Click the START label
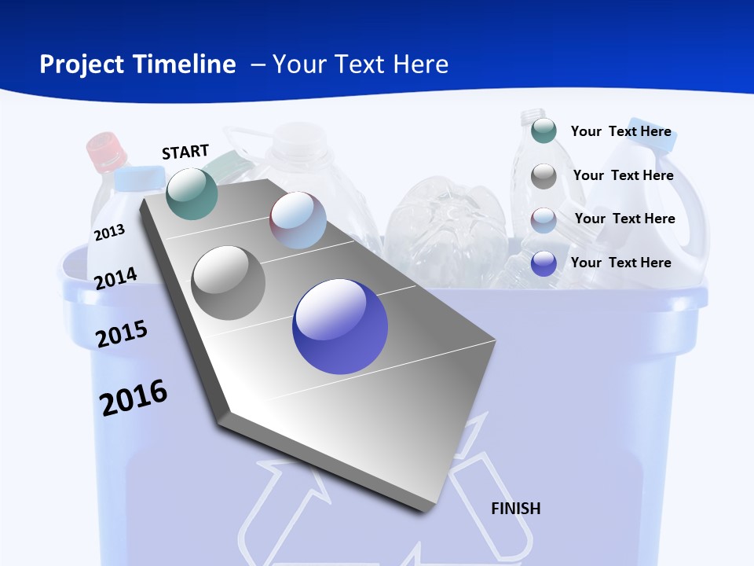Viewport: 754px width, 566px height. click(185, 152)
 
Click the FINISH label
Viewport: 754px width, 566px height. click(515, 509)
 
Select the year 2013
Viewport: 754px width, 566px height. click(109, 233)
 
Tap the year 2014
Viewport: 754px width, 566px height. click(115, 278)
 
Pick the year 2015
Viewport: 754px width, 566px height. click(121, 333)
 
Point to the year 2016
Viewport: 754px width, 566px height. click(134, 397)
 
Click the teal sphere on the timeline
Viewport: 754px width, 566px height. click(192, 193)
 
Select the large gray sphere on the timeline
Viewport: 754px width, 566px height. click(229, 282)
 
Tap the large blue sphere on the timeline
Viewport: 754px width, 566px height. click(340, 326)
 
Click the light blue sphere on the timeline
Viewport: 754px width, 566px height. click(298, 220)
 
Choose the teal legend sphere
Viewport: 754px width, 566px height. click(544, 131)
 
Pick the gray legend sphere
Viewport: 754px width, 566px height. click(544, 176)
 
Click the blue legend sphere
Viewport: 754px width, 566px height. click(544, 263)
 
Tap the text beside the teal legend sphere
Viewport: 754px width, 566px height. click(620, 131)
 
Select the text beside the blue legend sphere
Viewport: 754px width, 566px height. click(620, 263)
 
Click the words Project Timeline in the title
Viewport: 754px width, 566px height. click(137, 64)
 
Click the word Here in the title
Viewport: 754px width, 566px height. click(421, 64)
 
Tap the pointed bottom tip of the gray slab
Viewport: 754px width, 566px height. click(424, 509)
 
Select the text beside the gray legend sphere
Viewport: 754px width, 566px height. click(623, 175)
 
